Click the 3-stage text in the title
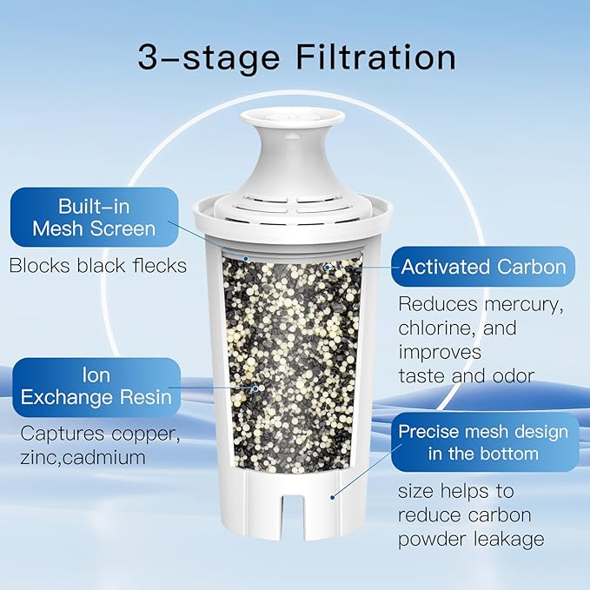click(x=209, y=57)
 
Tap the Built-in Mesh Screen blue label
click(x=95, y=217)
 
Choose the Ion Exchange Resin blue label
click(x=96, y=388)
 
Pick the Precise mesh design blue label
click(x=483, y=442)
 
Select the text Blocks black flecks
click(x=97, y=265)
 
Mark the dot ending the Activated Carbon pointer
click(x=326, y=267)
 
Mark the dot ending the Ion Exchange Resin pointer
click(x=255, y=388)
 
